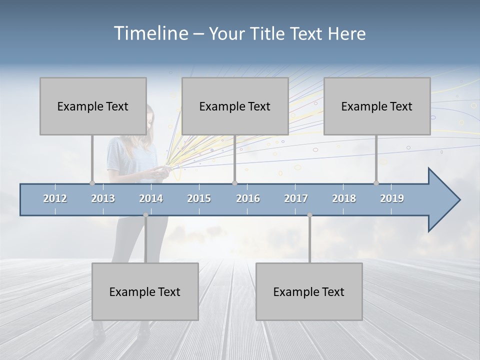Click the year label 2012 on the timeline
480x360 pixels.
[55, 198]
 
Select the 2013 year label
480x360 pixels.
[103, 198]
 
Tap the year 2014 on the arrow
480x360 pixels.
[151, 198]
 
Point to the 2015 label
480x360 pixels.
[199, 198]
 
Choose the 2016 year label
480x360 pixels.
[248, 198]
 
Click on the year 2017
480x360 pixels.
[296, 198]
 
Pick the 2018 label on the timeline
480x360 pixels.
[344, 198]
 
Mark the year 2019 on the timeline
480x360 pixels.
[392, 198]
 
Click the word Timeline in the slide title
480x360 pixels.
[150, 33]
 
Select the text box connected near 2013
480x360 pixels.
[93, 106]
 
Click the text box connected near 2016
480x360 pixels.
[235, 106]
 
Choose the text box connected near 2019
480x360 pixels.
[377, 106]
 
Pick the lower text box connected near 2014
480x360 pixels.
[145, 291]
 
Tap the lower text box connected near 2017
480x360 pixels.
[309, 291]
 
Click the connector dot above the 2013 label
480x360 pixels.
[92, 183]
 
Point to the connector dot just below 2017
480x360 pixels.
[309, 215]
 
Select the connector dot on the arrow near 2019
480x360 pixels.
[376, 183]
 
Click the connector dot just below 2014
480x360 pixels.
[145, 215]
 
